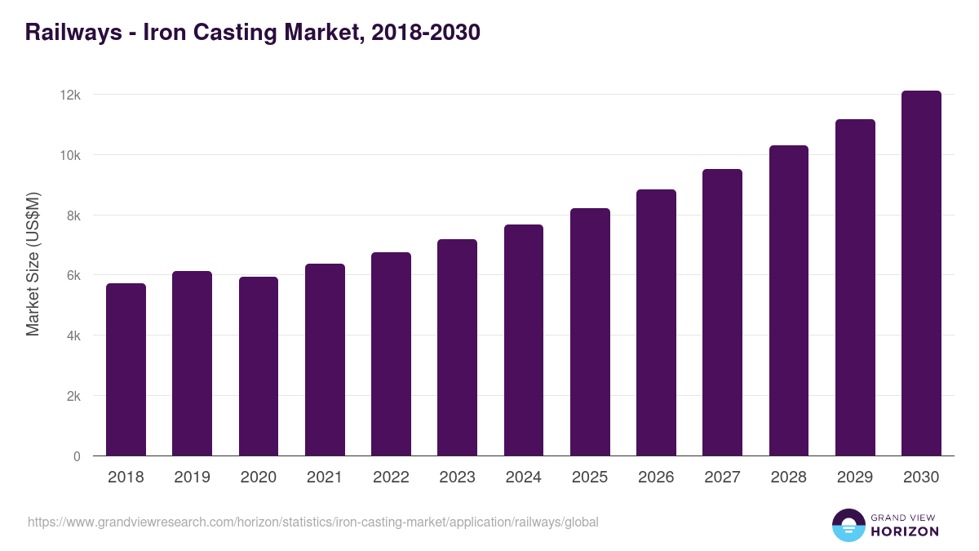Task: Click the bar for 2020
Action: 259,367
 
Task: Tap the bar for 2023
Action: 457,348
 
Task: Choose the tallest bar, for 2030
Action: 921,273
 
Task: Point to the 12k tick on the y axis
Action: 70,95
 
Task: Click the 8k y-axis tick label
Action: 73,216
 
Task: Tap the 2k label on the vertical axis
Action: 73,396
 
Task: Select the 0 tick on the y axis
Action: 77,456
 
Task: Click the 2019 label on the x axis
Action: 192,478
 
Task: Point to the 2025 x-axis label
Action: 590,478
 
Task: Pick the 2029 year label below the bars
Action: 855,478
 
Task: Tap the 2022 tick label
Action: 391,478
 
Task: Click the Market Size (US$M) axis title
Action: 33,264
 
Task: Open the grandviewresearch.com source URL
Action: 313,522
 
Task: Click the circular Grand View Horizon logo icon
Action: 848,525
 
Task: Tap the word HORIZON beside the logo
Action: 904,531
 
